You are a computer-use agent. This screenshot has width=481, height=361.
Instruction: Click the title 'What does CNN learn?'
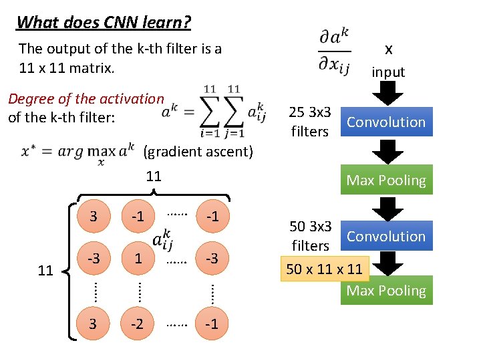pyautogui.click(x=104, y=22)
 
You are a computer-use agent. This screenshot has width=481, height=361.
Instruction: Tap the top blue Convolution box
pyautogui.click(x=386, y=122)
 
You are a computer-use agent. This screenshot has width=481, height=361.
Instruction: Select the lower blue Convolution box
pyautogui.click(x=386, y=237)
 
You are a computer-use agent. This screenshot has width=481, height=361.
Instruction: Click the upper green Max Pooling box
pyautogui.click(x=386, y=180)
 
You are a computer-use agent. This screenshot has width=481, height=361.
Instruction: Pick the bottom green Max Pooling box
pyautogui.click(x=386, y=291)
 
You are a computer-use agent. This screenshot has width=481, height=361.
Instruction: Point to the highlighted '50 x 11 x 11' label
pyautogui.click(x=324, y=269)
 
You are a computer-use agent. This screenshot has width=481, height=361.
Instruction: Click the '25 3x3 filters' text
pyautogui.click(x=310, y=122)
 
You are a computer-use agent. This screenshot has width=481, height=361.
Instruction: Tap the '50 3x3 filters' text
pyautogui.click(x=310, y=236)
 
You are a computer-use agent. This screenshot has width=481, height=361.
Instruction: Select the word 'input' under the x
pyautogui.click(x=388, y=72)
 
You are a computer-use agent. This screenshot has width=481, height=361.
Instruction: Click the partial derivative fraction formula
pyautogui.click(x=334, y=51)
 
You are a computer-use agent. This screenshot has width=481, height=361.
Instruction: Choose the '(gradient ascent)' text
pyautogui.click(x=198, y=152)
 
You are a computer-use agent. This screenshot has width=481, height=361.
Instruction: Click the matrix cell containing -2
pyautogui.click(x=138, y=324)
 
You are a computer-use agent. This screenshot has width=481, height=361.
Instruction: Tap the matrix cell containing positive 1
pyautogui.click(x=138, y=257)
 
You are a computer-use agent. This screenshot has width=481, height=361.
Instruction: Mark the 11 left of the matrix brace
pyautogui.click(x=45, y=271)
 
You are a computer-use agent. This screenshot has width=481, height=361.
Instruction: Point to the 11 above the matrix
pyautogui.click(x=154, y=176)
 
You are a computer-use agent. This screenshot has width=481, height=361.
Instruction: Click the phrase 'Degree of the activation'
pyautogui.click(x=86, y=99)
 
